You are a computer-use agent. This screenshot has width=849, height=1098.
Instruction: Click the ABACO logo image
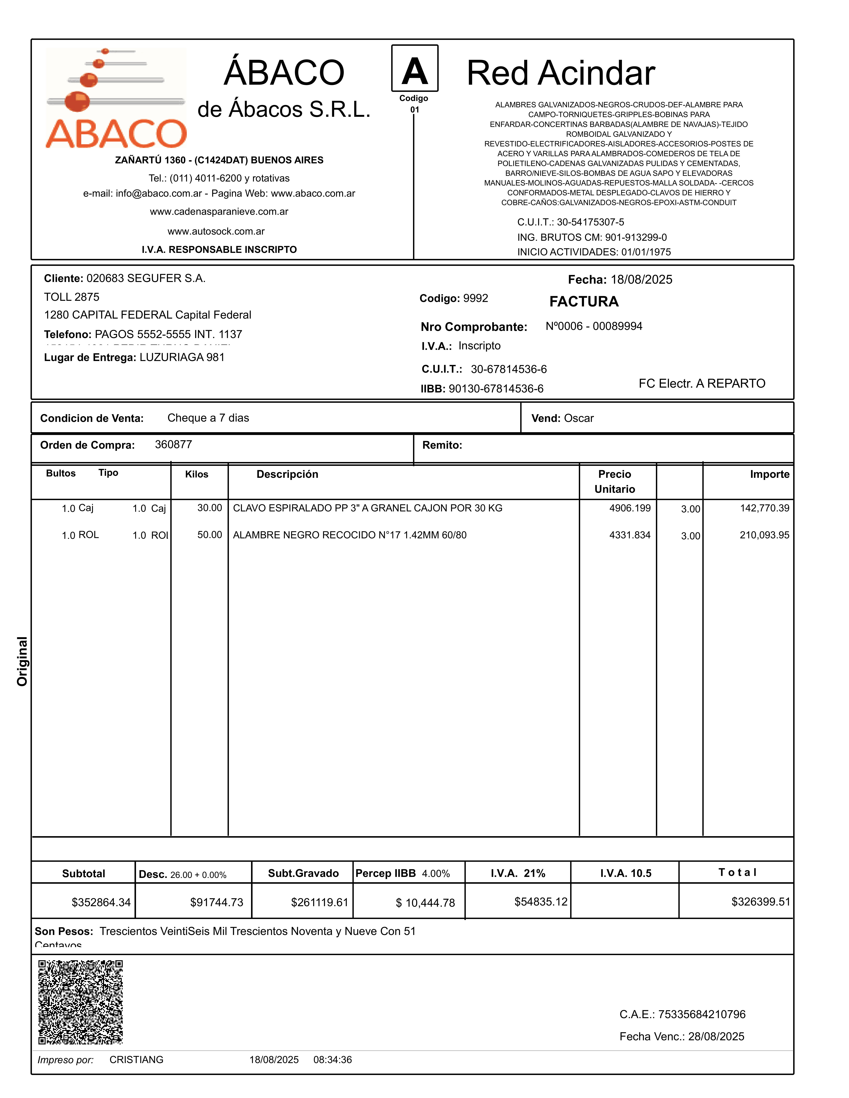point(116,98)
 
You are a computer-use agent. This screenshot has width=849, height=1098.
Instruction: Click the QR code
point(80,1002)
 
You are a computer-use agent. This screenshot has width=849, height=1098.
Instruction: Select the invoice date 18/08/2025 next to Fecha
point(641,279)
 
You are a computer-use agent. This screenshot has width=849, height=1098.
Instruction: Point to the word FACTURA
point(584,302)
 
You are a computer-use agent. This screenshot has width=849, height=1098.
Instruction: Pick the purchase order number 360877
point(173,444)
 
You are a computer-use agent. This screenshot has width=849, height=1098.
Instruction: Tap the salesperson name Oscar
point(579,418)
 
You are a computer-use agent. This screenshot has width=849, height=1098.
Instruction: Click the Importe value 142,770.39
point(764,508)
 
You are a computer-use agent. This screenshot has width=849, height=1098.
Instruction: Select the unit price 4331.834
point(630,535)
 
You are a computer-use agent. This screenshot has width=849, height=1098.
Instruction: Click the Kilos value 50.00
point(210,535)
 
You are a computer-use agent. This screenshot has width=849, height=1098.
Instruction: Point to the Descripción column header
point(287,474)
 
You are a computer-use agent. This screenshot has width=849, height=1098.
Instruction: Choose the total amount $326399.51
point(760,902)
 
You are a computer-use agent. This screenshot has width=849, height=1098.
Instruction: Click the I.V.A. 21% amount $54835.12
point(541,902)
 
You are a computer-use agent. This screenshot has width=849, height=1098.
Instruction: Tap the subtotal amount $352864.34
point(101,902)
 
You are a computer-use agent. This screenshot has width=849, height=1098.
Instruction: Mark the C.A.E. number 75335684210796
point(702,1014)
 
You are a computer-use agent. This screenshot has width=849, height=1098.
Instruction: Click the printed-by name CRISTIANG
point(136,1060)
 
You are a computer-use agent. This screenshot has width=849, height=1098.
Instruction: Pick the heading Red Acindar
point(561,73)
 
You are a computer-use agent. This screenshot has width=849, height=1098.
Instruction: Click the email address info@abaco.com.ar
point(159,193)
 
